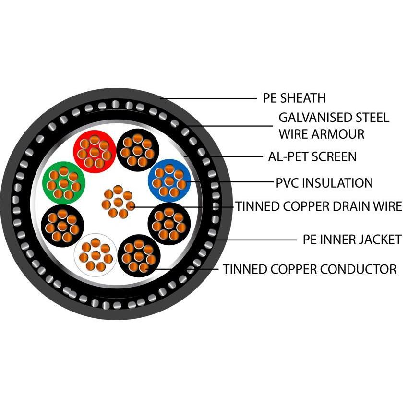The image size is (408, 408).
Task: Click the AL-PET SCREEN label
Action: (312, 156)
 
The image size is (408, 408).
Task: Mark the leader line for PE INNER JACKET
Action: (259, 240)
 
